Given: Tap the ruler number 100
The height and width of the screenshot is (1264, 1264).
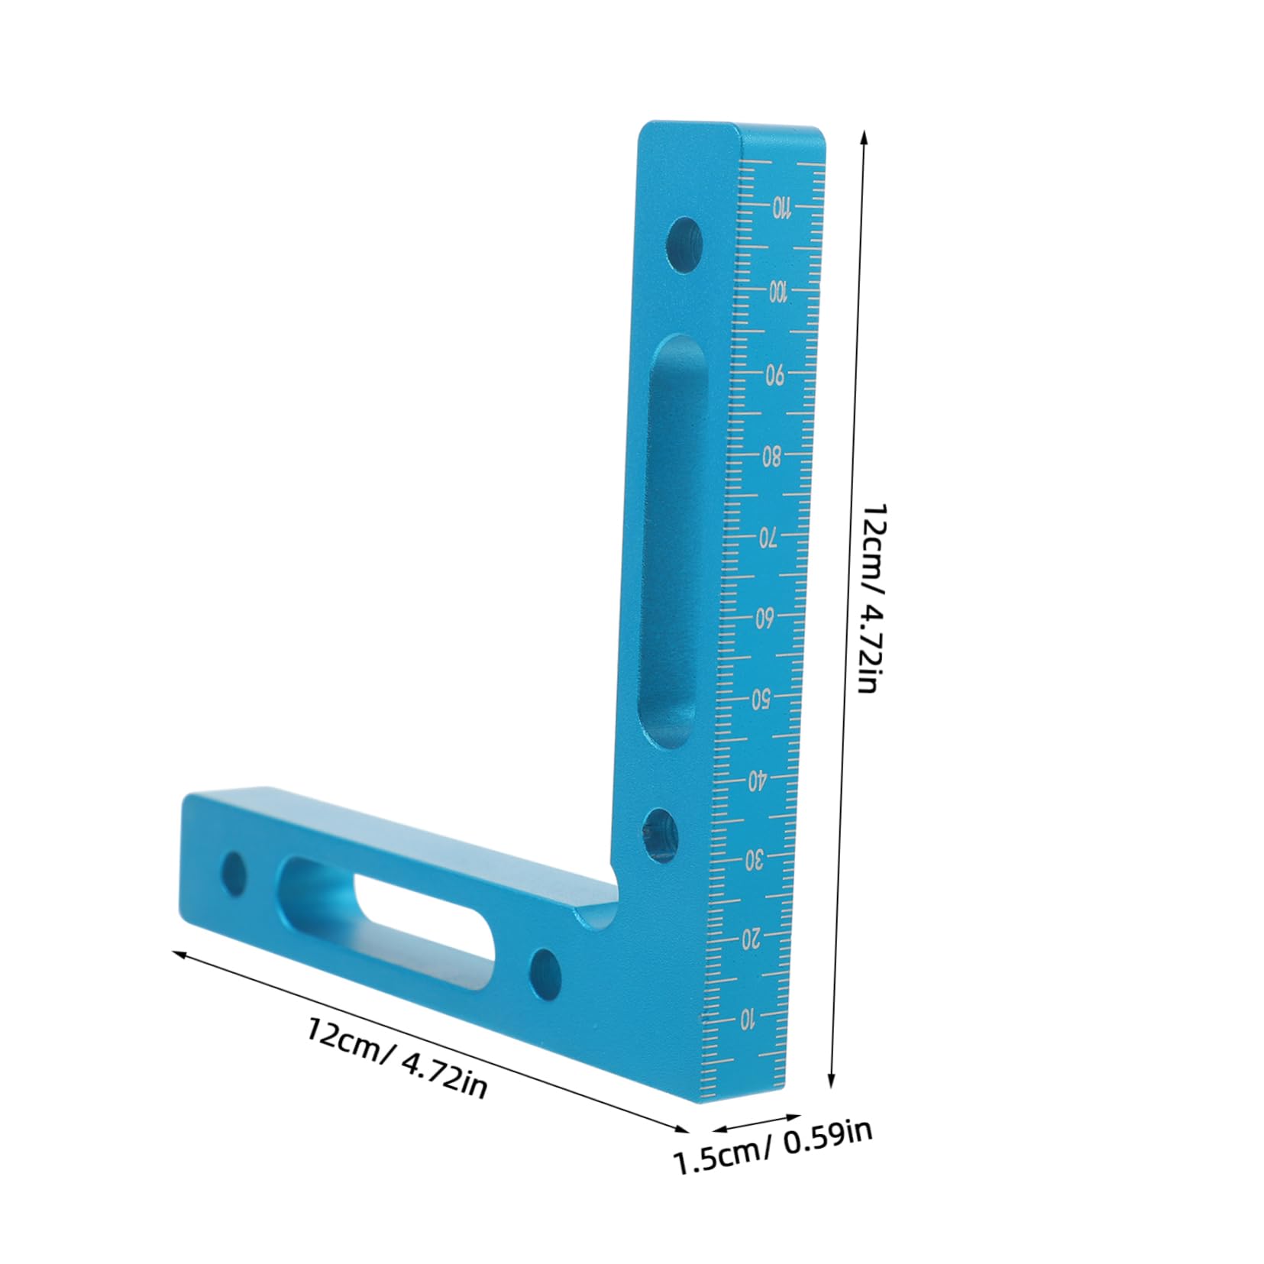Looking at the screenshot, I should pyautogui.click(x=777, y=291).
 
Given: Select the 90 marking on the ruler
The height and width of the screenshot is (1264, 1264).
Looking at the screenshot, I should pyautogui.click(x=774, y=374).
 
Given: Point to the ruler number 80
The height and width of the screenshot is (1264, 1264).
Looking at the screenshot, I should pyautogui.click(x=771, y=457).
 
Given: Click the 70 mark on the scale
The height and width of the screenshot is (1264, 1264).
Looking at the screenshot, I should pyautogui.click(x=768, y=538).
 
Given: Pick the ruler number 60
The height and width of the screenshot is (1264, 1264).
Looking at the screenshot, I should pyautogui.click(x=765, y=619).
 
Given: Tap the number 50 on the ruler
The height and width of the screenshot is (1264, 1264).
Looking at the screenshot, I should pyautogui.click(x=761, y=699).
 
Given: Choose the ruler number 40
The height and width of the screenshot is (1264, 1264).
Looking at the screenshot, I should pyautogui.click(x=757, y=780).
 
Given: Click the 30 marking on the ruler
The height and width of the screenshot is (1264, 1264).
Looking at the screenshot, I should pyautogui.click(x=754, y=861).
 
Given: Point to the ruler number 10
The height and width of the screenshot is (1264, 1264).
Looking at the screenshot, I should pyautogui.click(x=748, y=1018).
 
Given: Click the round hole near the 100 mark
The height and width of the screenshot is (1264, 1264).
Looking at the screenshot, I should pyautogui.click(x=684, y=246).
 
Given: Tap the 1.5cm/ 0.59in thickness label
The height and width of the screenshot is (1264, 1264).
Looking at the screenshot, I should pyautogui.click(x=771, y=1158).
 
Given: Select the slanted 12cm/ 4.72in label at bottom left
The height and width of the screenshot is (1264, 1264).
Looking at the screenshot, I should pyautogui.click(x=397, y=1058).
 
